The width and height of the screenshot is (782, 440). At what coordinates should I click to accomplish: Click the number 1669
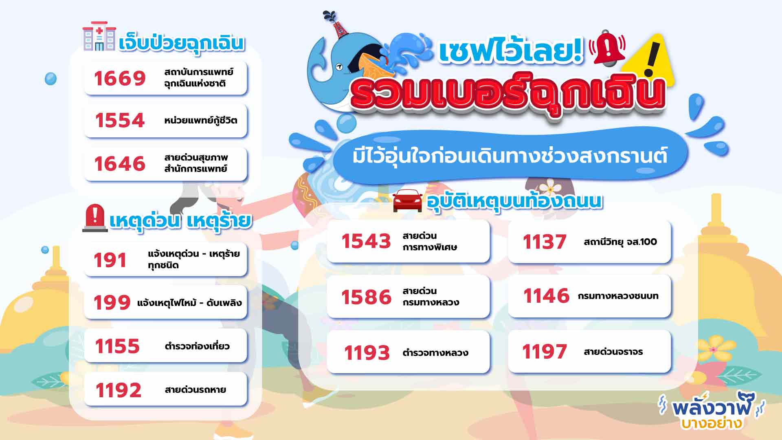coord(120,78)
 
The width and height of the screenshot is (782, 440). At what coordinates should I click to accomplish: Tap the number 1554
coord(120,120)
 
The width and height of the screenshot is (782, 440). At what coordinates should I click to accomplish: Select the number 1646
coord(120,163)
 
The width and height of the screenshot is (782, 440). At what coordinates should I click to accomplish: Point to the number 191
coord(110,260)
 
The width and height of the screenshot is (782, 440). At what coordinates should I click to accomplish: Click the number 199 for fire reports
coord(112,302)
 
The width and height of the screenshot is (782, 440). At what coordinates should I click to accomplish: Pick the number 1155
coord(117,346)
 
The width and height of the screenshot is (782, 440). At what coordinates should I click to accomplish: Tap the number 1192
coord(118,390)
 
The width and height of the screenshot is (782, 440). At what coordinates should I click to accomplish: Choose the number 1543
coord(366,241)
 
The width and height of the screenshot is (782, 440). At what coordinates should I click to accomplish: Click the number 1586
coord(366,297)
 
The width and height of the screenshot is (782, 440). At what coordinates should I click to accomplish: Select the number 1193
coord(367,353)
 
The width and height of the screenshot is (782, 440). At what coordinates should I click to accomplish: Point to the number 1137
coord(545,242)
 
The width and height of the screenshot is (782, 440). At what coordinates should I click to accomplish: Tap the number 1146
coord(546,296)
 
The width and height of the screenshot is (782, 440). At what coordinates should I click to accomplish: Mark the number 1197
coord(545,352)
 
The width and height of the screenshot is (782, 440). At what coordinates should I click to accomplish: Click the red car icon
coord(408,200)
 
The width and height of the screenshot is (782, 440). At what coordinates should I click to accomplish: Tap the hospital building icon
coord(99,36)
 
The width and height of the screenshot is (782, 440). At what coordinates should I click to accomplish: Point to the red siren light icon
coord(94,218)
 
